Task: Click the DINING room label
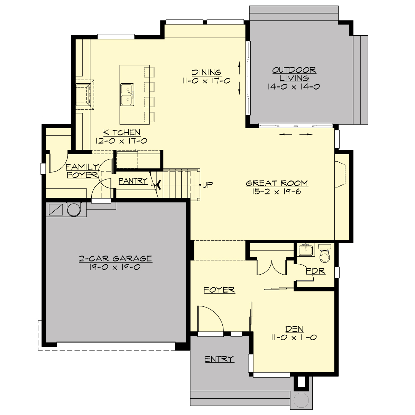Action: click(207, 72)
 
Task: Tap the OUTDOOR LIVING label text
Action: click(294, 74)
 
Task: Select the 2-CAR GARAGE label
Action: click(115, 258)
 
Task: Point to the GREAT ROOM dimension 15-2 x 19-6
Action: click(277, 192)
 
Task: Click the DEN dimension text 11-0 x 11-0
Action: click(294, 338)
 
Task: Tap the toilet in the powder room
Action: click(325, 255)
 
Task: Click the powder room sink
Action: click(306, 250)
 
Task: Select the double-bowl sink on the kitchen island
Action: click(127, 94)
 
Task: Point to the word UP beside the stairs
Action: click(207, 185)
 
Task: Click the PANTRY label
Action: click(133, 181)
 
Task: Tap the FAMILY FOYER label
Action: click(82, 171)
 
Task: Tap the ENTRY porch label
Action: click(219, 359)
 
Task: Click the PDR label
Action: click(315, 271)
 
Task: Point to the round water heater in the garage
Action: click(74, 210)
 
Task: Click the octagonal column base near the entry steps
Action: click(301, 400)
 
